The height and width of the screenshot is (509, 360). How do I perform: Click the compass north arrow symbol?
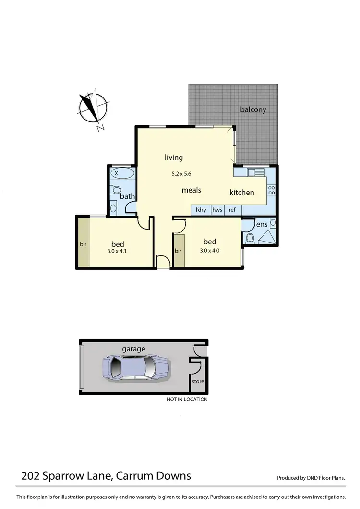[92, 109]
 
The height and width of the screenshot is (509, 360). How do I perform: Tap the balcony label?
[253, 109]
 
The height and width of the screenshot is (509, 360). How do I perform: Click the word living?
[174, 157]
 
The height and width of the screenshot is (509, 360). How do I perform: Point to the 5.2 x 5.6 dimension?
[185, 174]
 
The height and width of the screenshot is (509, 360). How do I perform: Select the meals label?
[191, 190]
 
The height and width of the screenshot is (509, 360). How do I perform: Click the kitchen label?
[241, 192]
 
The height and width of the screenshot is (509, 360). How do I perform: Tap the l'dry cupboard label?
[201, 210]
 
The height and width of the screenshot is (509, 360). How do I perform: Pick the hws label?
[217, 210]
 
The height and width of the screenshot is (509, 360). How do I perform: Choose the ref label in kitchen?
[232, 210]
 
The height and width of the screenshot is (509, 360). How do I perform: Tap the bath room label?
[127, 196]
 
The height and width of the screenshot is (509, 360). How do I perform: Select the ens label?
[261, 224]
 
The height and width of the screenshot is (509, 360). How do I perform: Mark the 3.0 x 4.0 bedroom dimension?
[210, 250]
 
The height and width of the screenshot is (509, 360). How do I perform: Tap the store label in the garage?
[198, 382]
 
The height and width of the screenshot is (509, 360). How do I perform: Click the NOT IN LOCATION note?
[187, 400]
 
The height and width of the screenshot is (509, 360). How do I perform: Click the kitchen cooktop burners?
[271, 190]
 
